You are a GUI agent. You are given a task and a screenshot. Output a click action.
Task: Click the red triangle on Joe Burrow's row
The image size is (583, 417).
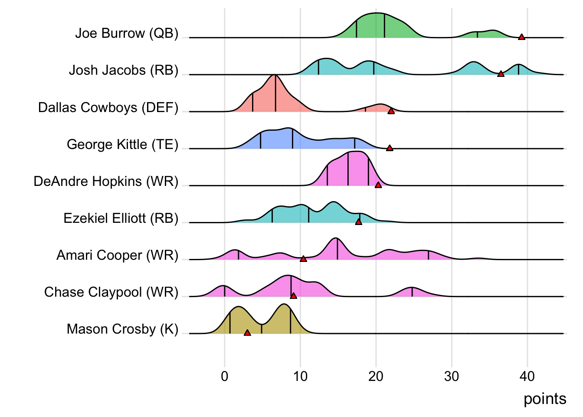click(521, 37)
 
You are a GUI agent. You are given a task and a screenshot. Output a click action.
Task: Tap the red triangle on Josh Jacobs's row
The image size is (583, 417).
click(501, 74)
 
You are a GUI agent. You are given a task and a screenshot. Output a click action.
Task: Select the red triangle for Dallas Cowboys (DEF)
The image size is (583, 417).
click(391, 111)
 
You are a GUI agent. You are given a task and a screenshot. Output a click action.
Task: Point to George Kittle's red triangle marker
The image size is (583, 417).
click(390, 148)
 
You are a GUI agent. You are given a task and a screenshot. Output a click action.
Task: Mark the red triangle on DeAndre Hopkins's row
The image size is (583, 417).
click(378, 185)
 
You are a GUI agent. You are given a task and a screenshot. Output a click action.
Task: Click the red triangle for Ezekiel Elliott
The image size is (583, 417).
click(359, 222)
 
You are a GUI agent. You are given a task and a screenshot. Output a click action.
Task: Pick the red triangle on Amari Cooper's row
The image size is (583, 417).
click(303, 259)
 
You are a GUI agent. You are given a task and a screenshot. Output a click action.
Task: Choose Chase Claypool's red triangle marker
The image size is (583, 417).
click(293, 296)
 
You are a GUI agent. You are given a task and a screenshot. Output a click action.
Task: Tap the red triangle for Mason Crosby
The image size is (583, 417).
click(247, 333)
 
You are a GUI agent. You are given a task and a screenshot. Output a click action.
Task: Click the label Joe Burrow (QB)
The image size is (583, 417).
click(127, 33)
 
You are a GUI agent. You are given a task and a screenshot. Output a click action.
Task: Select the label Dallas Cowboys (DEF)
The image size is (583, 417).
click(108, 107)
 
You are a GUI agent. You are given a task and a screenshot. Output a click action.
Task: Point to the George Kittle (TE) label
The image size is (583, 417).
click(122, 144)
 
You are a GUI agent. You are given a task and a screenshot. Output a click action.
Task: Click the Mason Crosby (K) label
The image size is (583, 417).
click(122, 329)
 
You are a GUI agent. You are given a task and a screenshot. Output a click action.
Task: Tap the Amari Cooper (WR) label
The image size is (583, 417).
click(117, 255)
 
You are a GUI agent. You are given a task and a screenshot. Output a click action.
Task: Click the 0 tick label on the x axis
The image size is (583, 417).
click(225, 376)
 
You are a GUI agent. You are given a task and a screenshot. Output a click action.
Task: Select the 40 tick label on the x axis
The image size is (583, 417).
click(527, 376)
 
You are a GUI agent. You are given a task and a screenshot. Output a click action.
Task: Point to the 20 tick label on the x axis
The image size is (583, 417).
click(376, 376)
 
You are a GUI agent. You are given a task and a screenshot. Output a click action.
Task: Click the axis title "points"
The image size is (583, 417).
click(545, 399)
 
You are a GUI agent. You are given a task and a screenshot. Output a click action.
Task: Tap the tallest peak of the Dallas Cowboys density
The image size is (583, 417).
click(275, 76)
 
